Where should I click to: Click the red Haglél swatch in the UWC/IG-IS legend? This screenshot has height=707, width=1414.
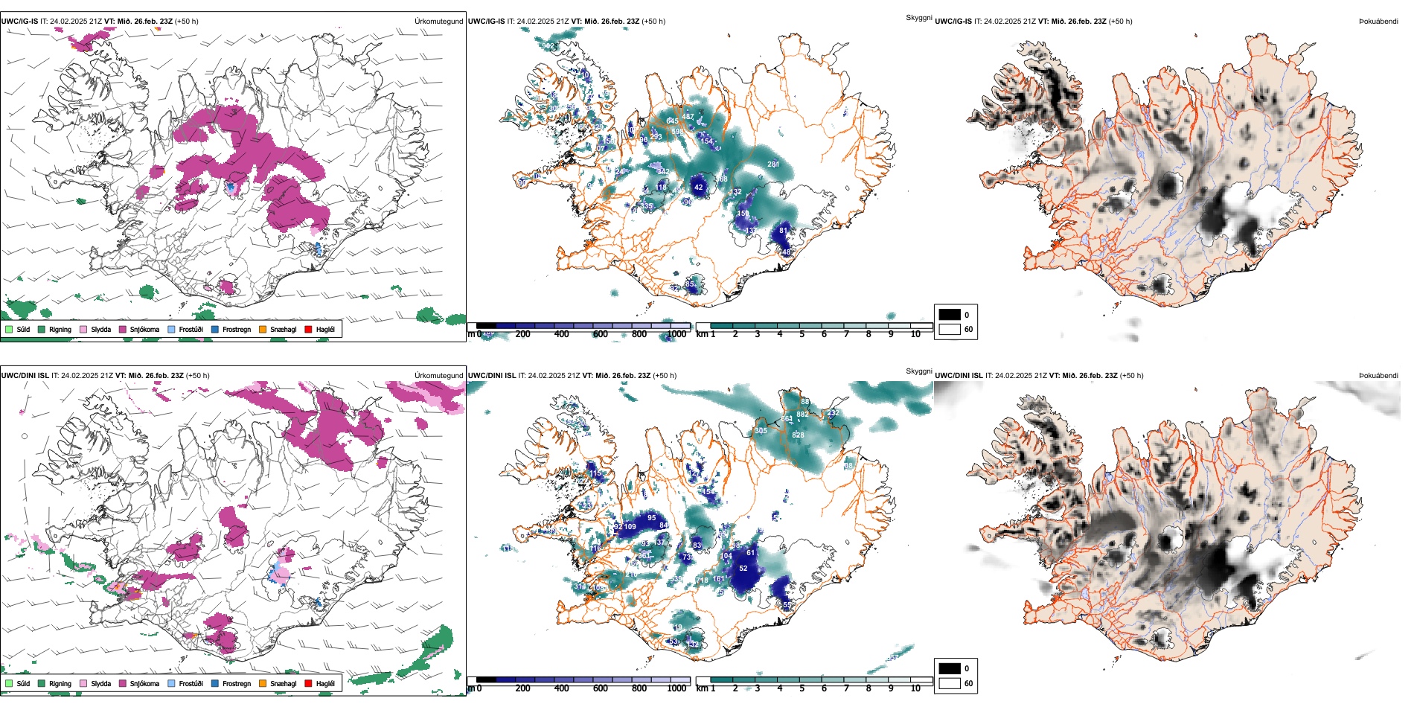pyautogui.click(x=308, y=329)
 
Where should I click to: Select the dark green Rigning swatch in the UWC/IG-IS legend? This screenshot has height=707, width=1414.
pyautogui.click(x=42, y=329)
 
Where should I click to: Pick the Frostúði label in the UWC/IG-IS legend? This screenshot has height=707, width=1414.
pyautogui.click(x=191, y=329)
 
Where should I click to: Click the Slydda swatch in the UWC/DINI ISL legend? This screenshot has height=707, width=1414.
pyautogui.click(x=83, y=683)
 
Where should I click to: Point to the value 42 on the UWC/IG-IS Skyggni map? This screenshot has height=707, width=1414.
pyautogui.click(x=698, y=188)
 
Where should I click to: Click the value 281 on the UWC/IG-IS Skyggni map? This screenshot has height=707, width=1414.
pyautogui.click(x=773, y=164)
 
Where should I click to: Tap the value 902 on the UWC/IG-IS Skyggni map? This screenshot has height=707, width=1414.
pyautogui.click(x=548, y=46)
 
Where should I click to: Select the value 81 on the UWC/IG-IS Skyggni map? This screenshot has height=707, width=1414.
pyautogui.click(x=783, y=231)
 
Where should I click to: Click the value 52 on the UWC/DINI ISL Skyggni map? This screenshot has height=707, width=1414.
pyautogui.click(x=743, y=569)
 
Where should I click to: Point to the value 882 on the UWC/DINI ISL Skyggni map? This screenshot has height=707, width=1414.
pyautogui.click(x=802, y=415)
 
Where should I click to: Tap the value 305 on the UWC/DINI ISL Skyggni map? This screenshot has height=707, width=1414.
pyautogui.click(x=761, y=431)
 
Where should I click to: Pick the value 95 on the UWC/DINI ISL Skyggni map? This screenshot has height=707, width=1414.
pyautogui.click(x=651, y=518)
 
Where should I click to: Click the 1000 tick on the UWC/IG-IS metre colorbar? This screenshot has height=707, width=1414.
pyautogui.click(x=676, y=334)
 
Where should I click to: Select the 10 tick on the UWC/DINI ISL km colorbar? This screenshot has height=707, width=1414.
pyautogui.click(x=915, y=688)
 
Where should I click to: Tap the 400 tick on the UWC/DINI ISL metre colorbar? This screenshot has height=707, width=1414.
pyautogui.click(x=561, y=688)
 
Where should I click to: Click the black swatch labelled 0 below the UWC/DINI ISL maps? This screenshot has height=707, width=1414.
pyautogui.click(x=950, y=668)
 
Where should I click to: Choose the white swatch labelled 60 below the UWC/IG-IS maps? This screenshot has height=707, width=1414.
pyautogui.click(x=950, y=329)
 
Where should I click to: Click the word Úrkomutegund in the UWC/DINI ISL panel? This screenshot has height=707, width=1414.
pyautogui.click(x=438, y=376)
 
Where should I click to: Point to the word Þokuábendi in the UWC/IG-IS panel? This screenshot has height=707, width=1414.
pyautogui.click(x=1378, y=22)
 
